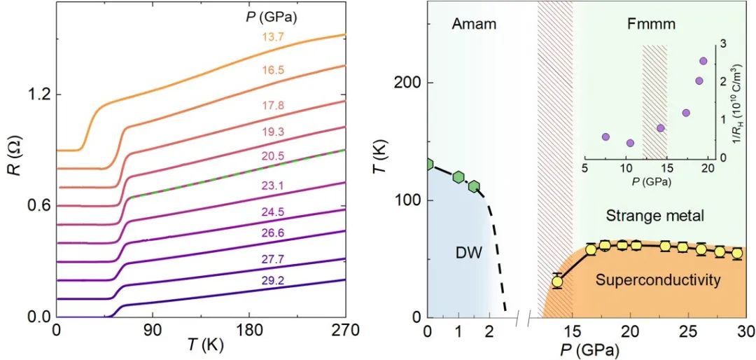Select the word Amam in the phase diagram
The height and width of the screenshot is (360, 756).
474,25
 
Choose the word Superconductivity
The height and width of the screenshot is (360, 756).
658,281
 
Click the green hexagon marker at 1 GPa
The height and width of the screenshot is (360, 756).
458,177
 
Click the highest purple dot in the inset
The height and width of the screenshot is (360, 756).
703,61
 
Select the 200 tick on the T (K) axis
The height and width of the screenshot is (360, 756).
411,83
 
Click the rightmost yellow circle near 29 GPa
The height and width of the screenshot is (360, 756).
737,254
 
